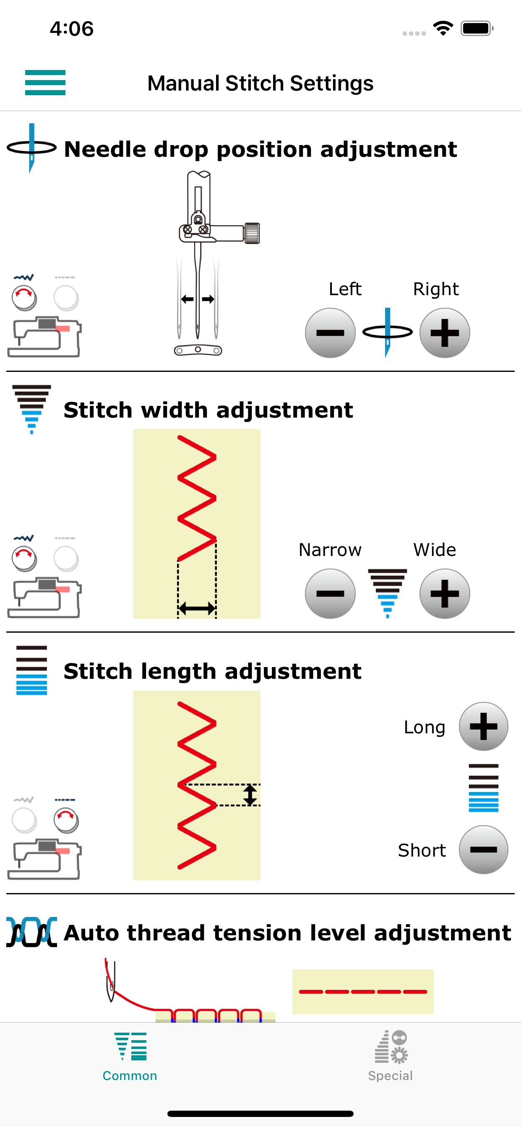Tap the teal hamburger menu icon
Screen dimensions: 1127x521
click(45, 82)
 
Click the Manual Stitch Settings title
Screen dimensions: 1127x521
click(260, 83)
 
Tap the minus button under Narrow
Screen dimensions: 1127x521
click(330, 593)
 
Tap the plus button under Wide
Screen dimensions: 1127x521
click(444, 593)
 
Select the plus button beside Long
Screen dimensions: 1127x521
click(483, 726)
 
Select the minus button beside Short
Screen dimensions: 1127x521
click(483, 849)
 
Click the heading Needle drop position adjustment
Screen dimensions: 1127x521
click(260, 150)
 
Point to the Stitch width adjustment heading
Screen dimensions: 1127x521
click(208, 410)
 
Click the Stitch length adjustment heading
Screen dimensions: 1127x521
click(212, 671)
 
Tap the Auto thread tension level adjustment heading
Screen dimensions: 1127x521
click(287, 932)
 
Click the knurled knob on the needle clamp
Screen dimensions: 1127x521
click(252, 233)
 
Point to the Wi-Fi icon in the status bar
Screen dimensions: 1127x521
click(443, 29)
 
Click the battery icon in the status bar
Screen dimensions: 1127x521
click(477, 29)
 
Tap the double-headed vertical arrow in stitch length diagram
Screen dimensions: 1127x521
click(250, 795)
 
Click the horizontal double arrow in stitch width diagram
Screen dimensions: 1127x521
click(197, 608)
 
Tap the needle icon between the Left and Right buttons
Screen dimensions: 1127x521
click(388, 332)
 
